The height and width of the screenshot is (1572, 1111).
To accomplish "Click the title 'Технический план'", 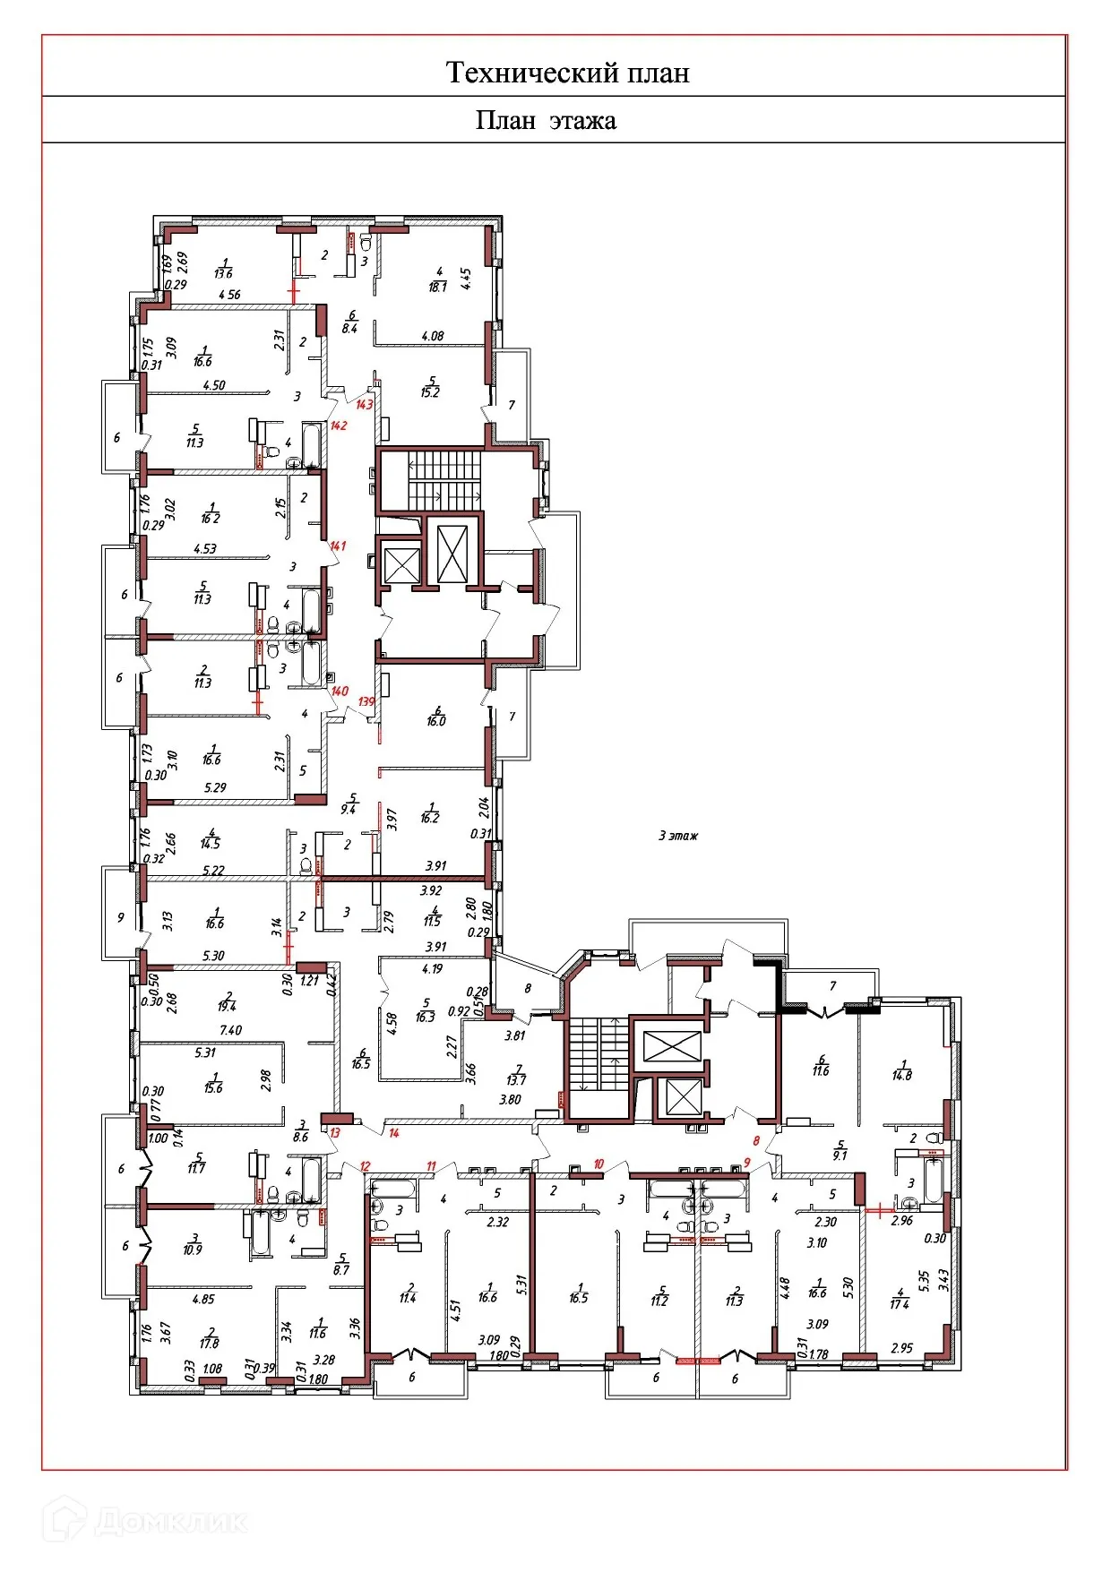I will pos(567,73).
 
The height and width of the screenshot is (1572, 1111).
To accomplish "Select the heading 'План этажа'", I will pos(546,121).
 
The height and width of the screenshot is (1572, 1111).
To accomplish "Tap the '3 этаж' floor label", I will pos(678,836).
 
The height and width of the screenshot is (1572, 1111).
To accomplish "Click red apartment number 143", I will pos(364,405).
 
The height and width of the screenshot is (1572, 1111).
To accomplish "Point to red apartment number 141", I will pos(338,545).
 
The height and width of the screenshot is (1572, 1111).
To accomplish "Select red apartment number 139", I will pos(366,701).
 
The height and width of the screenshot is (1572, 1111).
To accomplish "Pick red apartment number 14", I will pos(394,1133).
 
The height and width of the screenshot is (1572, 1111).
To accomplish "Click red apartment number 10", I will pos(599,1164).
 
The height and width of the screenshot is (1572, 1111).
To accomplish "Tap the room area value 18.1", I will pos(438,287).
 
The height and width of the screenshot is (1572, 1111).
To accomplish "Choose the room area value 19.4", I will pos(226,1007).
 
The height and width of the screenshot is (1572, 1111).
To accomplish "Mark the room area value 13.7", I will pos(516,1080).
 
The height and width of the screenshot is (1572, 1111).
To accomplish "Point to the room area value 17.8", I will pos(210,1344).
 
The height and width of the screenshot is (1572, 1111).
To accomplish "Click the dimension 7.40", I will pos(231,1030).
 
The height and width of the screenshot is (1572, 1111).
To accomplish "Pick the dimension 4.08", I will pos(433,337).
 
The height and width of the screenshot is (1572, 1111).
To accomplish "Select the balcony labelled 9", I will pos(121,917).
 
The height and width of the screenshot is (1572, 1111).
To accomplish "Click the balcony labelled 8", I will pos(528,989).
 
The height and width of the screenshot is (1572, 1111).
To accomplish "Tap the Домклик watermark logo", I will pos(148,1521).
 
